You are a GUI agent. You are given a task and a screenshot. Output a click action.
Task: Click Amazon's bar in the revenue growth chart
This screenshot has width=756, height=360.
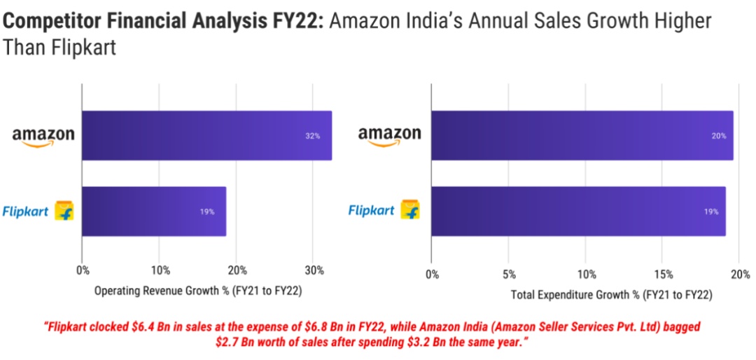(x=206, y=135)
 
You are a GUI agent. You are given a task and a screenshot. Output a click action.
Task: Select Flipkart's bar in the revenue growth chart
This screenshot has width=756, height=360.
(x=154, y=211)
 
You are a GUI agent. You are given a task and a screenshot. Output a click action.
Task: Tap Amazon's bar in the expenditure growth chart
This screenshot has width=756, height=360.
(x=582, y=135)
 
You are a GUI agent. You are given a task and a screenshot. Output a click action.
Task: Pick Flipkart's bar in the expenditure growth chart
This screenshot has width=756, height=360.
(x=578, y=211)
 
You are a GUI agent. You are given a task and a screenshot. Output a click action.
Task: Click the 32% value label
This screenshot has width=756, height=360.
(x=312, y=136)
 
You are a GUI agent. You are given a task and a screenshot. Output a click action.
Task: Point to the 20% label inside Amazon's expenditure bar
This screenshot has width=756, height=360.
(x=719, y=136)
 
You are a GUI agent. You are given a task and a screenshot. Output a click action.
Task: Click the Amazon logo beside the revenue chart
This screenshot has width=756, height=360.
(x=43, y=135)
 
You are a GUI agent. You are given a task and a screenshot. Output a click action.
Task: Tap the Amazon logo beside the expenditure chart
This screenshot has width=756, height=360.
(x=390, y=135)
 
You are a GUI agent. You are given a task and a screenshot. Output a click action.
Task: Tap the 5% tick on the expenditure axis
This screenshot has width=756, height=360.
(x=509, y=273)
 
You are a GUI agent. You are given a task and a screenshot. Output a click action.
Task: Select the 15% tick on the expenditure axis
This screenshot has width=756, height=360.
(x=664, y=273)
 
